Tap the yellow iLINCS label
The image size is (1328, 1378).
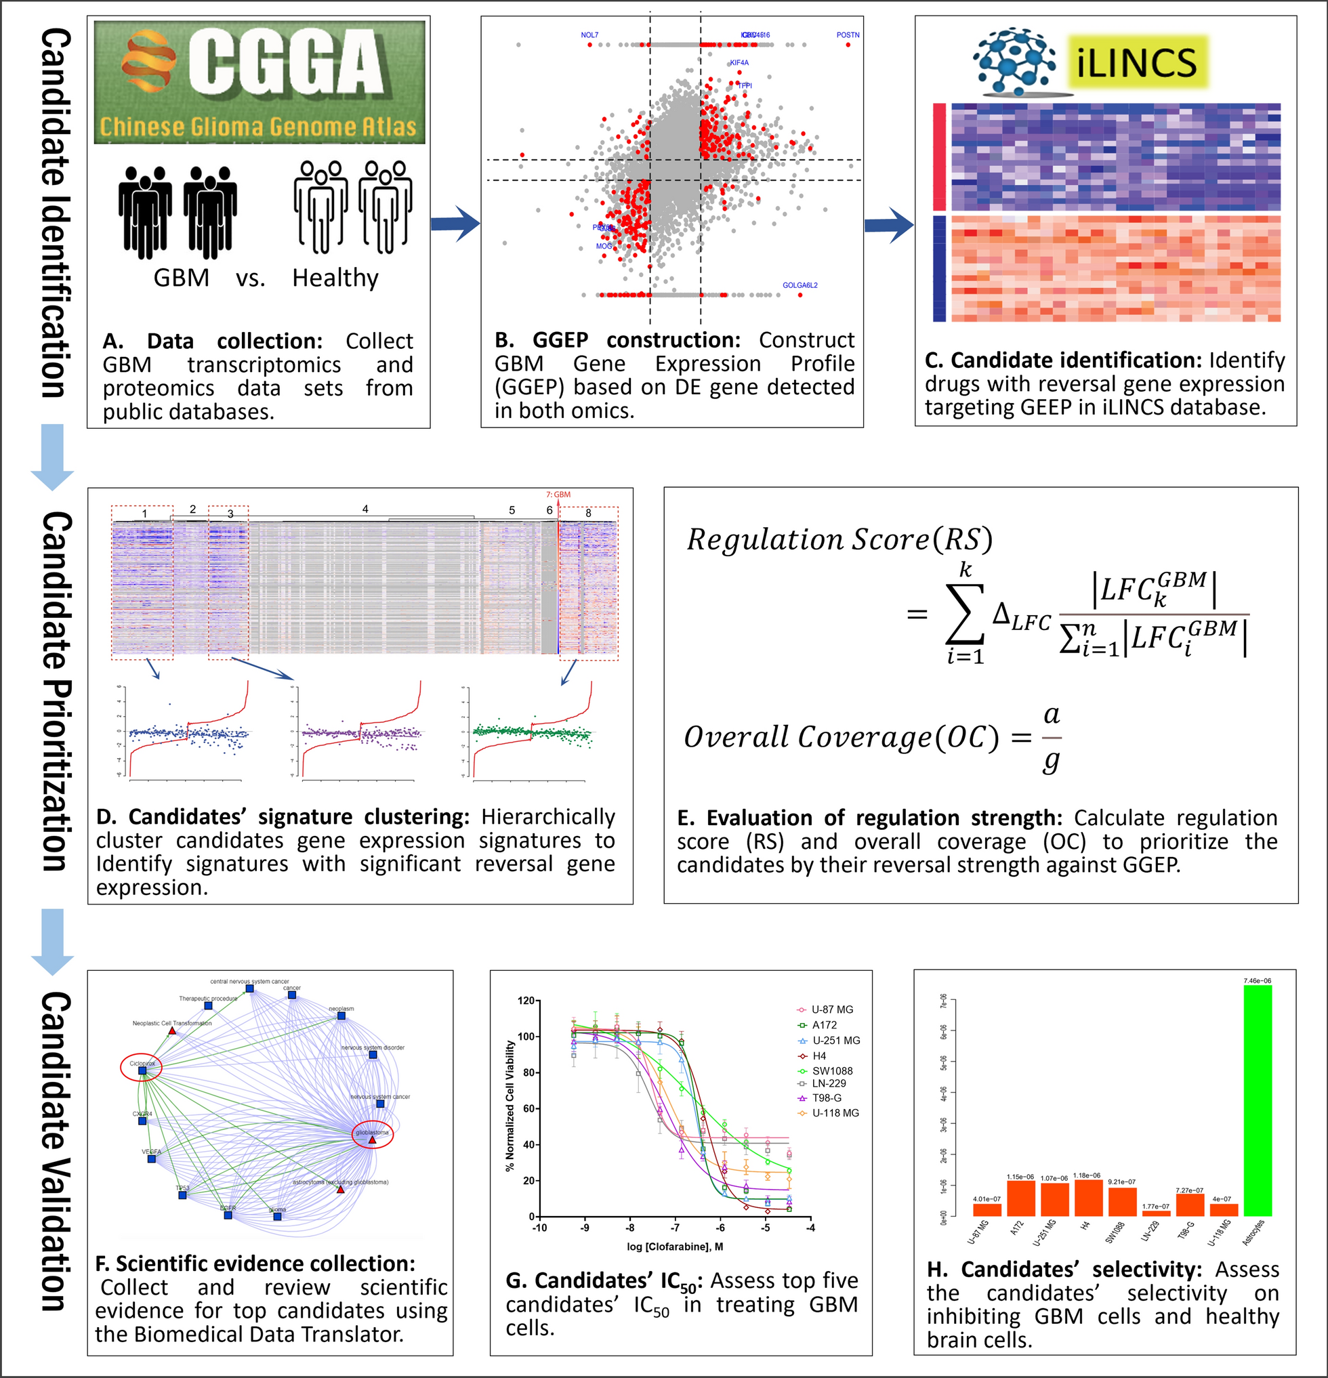click(x=1136, y=62)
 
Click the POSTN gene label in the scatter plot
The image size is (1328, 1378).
click(x=848, y=35)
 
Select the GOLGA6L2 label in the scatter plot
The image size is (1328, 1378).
click(x=800, y=285)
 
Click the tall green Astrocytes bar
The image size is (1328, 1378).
click(x=1257, y=1100)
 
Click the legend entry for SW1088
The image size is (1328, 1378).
click(x=831, y=1071)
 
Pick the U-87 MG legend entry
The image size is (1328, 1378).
click(x=831, y=1009)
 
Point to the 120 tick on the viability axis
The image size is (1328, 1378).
click(x=526, y=1001)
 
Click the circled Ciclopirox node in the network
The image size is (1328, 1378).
click(x=142, y=1068)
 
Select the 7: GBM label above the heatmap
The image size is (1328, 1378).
click(x=558, y=495)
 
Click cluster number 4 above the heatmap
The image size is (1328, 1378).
click(x=365, y=509)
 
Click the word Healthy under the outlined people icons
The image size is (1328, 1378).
click(x=335, y=278)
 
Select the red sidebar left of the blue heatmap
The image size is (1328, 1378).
click(x=939, y=156)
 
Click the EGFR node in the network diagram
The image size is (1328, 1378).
click(x=228, y=1214)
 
